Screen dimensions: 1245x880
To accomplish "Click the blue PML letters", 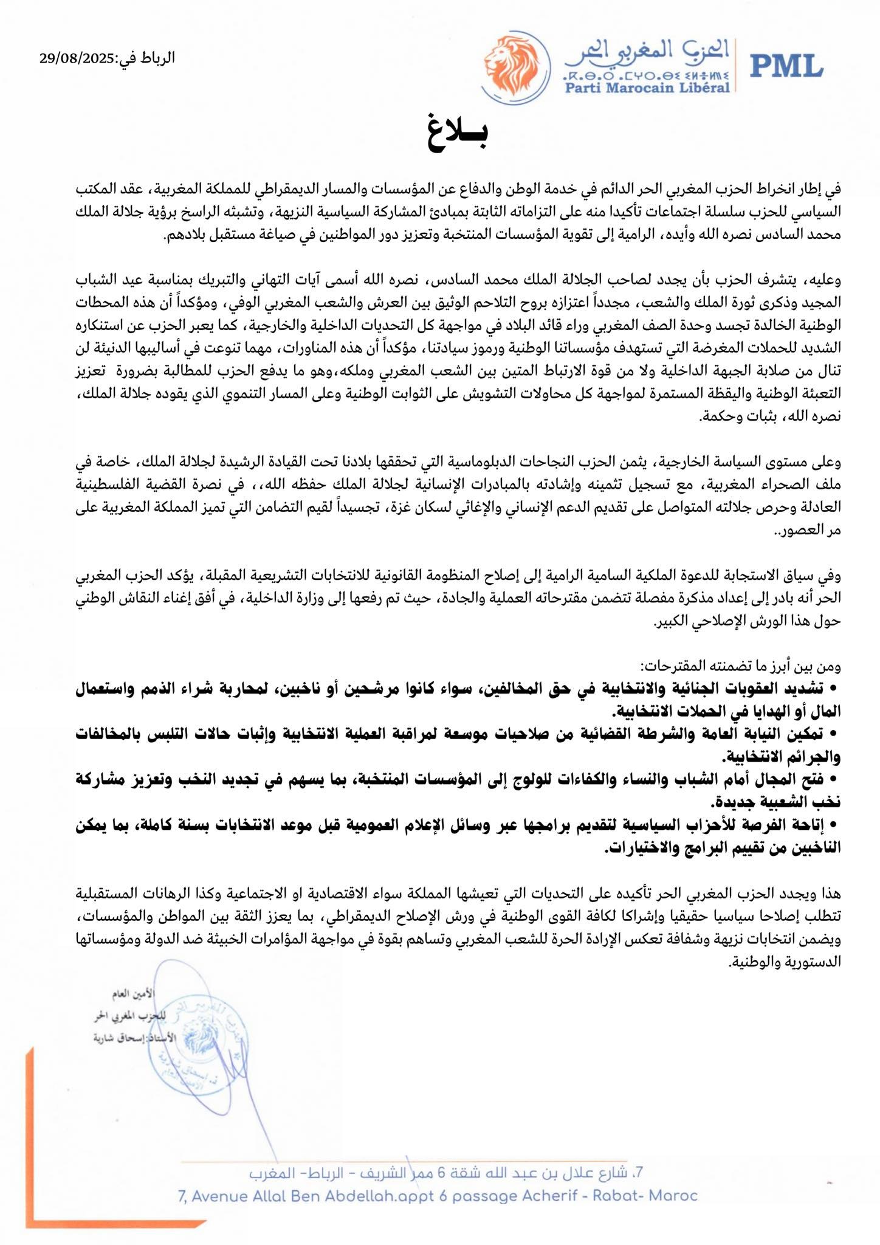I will pos(786,64).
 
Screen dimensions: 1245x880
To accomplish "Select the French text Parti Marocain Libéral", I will pos(647,88).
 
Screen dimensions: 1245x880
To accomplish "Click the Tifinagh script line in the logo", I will pos(647,75).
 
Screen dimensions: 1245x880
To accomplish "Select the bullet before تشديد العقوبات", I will pos(833,688).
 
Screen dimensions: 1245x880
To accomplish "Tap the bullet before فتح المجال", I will pos(833,779).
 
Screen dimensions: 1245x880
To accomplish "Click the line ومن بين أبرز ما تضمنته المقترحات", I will pos(740,666).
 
